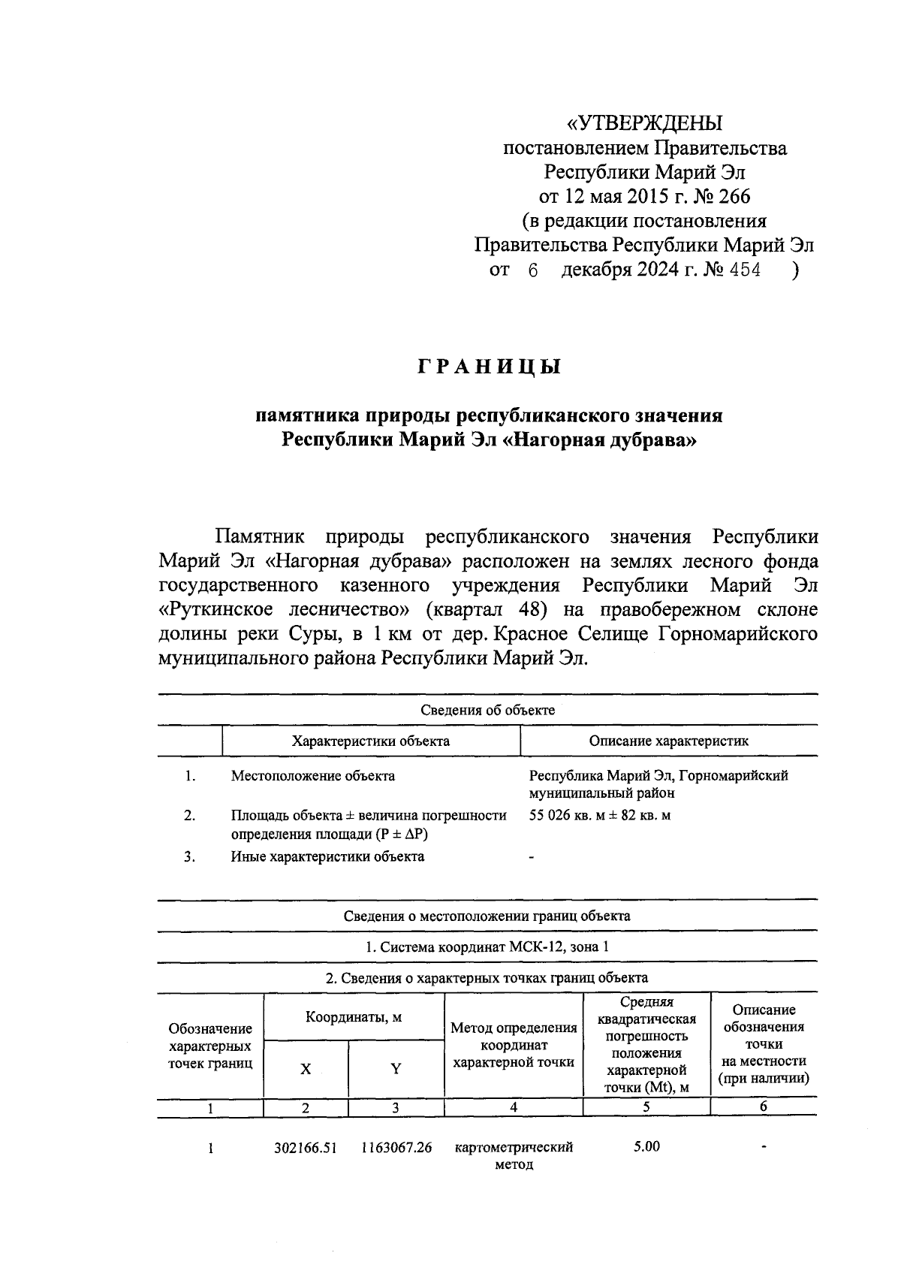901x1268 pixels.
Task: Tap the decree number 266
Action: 733,197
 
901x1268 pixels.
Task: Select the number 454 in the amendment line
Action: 745,270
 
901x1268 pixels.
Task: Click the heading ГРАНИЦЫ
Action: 489,367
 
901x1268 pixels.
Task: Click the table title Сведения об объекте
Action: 487,710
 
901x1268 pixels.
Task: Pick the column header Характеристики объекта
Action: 371,741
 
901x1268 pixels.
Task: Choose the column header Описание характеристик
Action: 668,741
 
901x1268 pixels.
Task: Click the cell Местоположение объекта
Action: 312,776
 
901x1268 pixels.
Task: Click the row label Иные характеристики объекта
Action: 327,856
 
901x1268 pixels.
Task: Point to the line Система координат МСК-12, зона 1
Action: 487,946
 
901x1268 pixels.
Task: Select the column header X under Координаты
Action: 306,1069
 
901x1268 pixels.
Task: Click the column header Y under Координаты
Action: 396,1069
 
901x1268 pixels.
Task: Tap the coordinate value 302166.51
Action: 306,1149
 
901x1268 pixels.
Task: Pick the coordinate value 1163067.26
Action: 396,1149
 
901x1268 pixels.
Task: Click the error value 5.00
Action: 646,1147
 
